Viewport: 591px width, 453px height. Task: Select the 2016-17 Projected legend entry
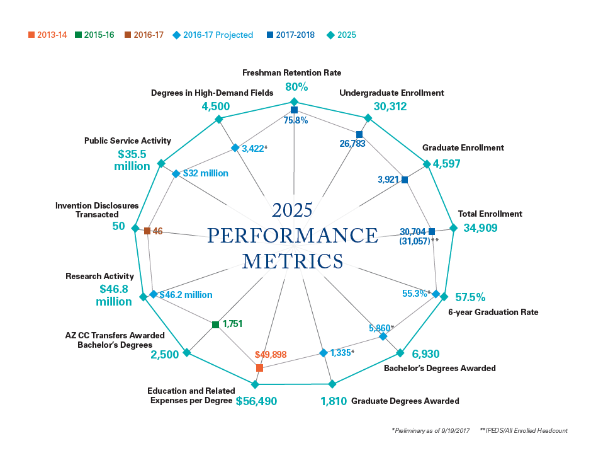pos(217,35)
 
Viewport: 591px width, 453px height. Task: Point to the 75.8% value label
pos(295,120)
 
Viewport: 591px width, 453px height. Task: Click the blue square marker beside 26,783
pos(359,134)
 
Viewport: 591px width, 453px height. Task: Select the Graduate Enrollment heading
pos(463,148)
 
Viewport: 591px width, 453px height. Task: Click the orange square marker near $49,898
pos(259,367)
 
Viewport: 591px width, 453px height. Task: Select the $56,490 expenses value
pos(256,401)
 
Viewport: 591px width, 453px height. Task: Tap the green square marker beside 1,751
pos(215,324)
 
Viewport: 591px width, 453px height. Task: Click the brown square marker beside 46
pos(147,231)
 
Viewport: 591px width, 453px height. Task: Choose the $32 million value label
pos(205,173)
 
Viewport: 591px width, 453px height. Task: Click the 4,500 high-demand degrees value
pos(215,106)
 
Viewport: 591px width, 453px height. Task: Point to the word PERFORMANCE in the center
pos(293,236)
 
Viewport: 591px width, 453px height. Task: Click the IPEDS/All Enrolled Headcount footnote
pos(524,430)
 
